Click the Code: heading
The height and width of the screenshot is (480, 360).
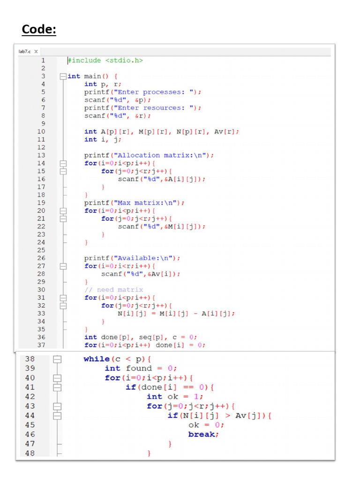point(39,30)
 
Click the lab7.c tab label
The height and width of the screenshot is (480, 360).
point(24,52)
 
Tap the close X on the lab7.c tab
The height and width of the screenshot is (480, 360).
point(36,52)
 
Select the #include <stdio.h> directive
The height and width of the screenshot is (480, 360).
point(105,60)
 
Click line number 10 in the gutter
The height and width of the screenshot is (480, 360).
point(41,132)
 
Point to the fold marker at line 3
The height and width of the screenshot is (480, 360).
point(63,76)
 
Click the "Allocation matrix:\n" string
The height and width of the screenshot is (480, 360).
point(162,155)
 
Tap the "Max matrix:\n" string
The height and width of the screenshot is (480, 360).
point(147,202)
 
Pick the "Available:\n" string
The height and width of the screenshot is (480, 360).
point(145,258)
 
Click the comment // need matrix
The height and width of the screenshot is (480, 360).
point(114,290)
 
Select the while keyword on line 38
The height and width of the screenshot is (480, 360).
point(97,359)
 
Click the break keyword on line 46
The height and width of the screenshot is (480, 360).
point(202,435)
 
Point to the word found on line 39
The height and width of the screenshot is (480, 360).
point(139,368)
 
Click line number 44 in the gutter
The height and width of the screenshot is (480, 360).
point(30,415)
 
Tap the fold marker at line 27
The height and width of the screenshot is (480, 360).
point(63,266)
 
